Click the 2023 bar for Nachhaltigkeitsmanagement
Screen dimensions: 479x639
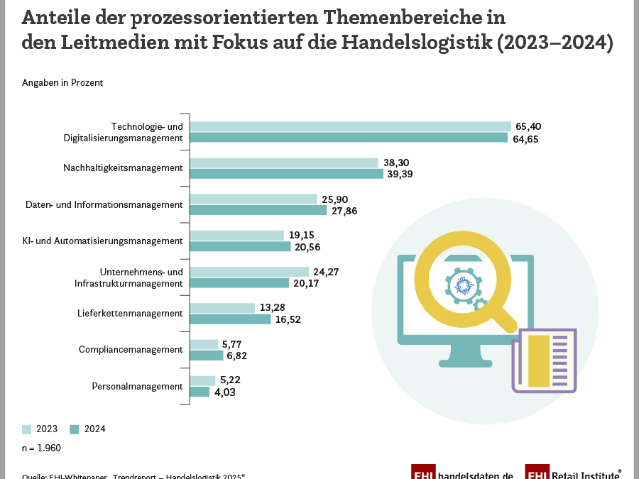tap(284, 163)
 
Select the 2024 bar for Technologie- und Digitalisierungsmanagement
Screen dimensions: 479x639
tap(349, 138)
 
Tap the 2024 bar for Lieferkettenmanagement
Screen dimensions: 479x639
tap(231, 319)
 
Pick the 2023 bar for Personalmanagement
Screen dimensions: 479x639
tap(202, 380)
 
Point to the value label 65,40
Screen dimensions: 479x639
tap(528, 126)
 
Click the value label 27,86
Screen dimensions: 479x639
tap(344, 211)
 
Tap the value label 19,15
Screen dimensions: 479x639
tap(301, 235)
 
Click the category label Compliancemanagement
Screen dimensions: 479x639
tap(131, 350)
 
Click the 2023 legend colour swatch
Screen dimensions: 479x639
tap(27, 429)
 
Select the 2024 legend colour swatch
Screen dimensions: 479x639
tap(75, 429)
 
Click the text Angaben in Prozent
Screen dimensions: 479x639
tap(62, 83)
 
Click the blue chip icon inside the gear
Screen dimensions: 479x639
tap(461, 287)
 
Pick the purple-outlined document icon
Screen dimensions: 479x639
tap(544, 360)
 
